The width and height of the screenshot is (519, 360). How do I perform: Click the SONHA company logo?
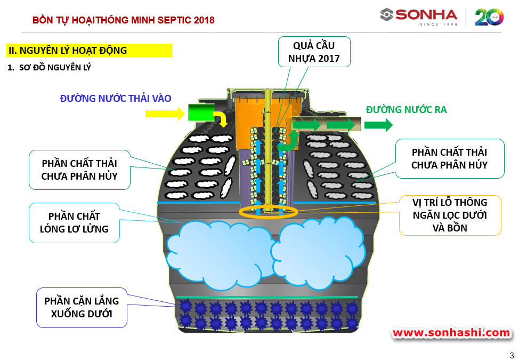419,17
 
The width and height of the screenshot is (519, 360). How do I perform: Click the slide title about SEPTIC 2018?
123,20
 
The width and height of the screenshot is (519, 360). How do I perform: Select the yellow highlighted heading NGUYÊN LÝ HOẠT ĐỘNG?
89,51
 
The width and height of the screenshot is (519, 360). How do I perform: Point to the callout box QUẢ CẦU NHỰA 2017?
314,51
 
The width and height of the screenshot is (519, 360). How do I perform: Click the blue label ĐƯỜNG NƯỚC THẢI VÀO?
116,99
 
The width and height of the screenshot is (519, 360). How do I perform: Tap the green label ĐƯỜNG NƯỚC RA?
406,110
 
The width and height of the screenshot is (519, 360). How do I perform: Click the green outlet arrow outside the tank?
379,125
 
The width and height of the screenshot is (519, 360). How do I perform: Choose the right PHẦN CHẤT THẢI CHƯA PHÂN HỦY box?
449,158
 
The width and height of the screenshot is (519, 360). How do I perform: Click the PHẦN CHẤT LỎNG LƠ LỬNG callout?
74,222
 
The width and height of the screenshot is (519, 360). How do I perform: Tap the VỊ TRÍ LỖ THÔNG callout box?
450,215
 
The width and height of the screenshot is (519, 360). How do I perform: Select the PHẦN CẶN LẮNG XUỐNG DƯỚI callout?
82,307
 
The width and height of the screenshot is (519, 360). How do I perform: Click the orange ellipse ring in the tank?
264,212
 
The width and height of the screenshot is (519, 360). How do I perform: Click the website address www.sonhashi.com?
451,333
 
